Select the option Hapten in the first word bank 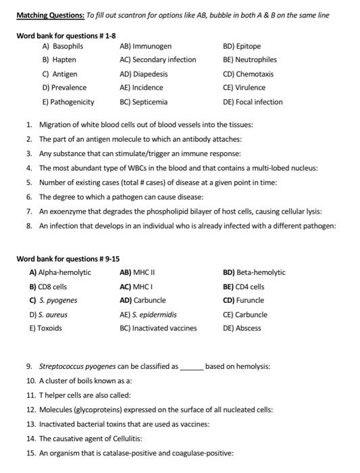click(x=64, y=60)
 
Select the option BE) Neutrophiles click(x=249, y=60)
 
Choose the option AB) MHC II click(x=137, y=272)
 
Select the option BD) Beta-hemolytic click(x=253, y=272)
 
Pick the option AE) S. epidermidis click(x=148, y=314)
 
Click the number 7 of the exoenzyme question click(x=29, y=211)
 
